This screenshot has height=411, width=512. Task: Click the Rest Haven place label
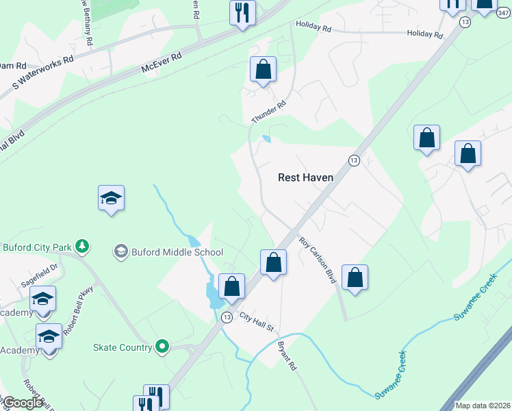(305, 177)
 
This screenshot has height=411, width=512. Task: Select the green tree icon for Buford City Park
(82, 245)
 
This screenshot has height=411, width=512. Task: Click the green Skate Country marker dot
(162, 347)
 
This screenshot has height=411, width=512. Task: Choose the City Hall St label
(257, 320)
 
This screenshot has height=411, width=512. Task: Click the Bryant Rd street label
(287, 355)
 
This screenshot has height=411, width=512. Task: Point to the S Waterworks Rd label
(43, 74)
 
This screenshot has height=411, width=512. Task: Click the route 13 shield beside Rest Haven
(353, 160)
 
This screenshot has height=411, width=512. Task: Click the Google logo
(22, 403)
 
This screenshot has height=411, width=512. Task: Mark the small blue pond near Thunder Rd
(266, 140)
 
